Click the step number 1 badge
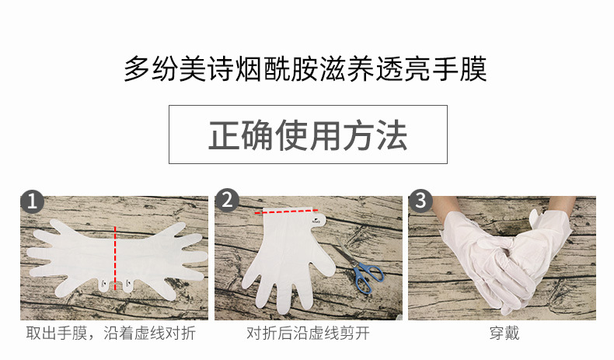pos(32,201)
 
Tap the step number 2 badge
pos(227,200)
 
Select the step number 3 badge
pos(420,201)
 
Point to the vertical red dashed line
pos(115,258)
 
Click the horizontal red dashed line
pos(286,211)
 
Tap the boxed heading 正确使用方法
pos(308,135)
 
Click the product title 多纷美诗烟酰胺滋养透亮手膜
pos(305,69)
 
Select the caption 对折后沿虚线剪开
pos(308,334)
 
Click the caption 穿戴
pos(504,334)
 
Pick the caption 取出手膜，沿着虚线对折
pos(111,334)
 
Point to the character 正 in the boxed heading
pos(224,135)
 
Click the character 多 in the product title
pos(137,69)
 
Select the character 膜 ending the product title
pos(474,69)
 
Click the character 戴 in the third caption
pos(512,334)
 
